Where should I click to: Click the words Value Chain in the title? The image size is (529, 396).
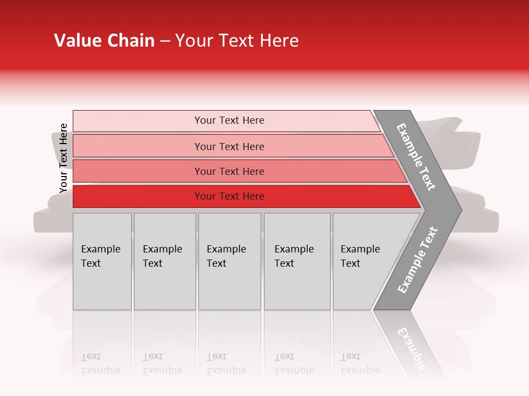click(104, 41)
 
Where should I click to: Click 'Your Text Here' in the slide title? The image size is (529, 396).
click(237, 41)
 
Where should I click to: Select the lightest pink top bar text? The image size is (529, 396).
click(229, 120)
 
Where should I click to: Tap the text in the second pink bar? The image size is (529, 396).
click(229, 147)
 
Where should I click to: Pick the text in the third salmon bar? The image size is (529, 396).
click(229, 172)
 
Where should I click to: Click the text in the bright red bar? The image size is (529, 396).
click(229, 196)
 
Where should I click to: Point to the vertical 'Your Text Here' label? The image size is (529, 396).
click(63, 158)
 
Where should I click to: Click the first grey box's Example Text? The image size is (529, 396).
click(100, 256)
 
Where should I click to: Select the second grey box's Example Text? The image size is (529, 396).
click(162, 256)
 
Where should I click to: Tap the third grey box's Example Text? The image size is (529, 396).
click(226, 256)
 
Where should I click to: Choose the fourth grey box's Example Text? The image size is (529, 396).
click(294, 256)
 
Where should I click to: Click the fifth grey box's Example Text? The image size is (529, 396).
click(360, 256)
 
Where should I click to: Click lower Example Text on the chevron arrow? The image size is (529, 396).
click(418, 260)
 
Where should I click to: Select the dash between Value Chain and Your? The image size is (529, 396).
click(165, 41)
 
